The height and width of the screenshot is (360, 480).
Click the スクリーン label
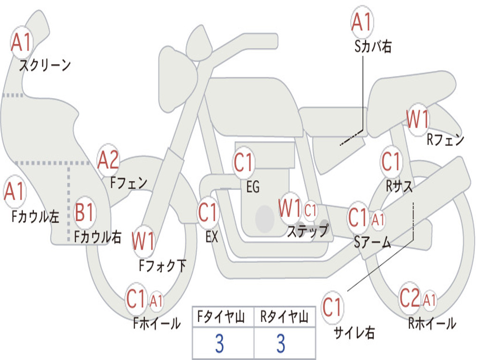click(45, 65)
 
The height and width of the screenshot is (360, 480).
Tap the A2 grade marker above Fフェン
click(108, 160)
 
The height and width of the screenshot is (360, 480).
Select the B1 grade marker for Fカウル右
click(85, 213)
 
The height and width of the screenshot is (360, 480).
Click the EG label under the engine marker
click(253, 187)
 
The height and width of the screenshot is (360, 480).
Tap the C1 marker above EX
click(208, 212)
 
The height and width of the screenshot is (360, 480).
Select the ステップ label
click(307, 231)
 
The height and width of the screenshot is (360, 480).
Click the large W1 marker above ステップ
click(290, 209)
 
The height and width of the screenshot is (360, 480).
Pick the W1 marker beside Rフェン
click(417, 120)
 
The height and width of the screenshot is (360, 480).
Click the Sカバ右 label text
click(373, 46)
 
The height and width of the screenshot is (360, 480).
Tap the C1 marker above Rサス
click(390, 162)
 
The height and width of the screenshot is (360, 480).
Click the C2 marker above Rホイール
click(410, 299)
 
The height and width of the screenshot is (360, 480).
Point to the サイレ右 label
click(354, 333)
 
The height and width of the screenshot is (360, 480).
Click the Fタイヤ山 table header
click(223, 317)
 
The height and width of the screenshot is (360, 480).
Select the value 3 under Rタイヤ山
click(280, 344)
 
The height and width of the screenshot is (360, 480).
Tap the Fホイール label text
click(157, 323)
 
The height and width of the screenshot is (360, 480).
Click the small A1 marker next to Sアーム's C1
click(378, 219)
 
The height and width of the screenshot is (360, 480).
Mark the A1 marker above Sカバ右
click(361, 22)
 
